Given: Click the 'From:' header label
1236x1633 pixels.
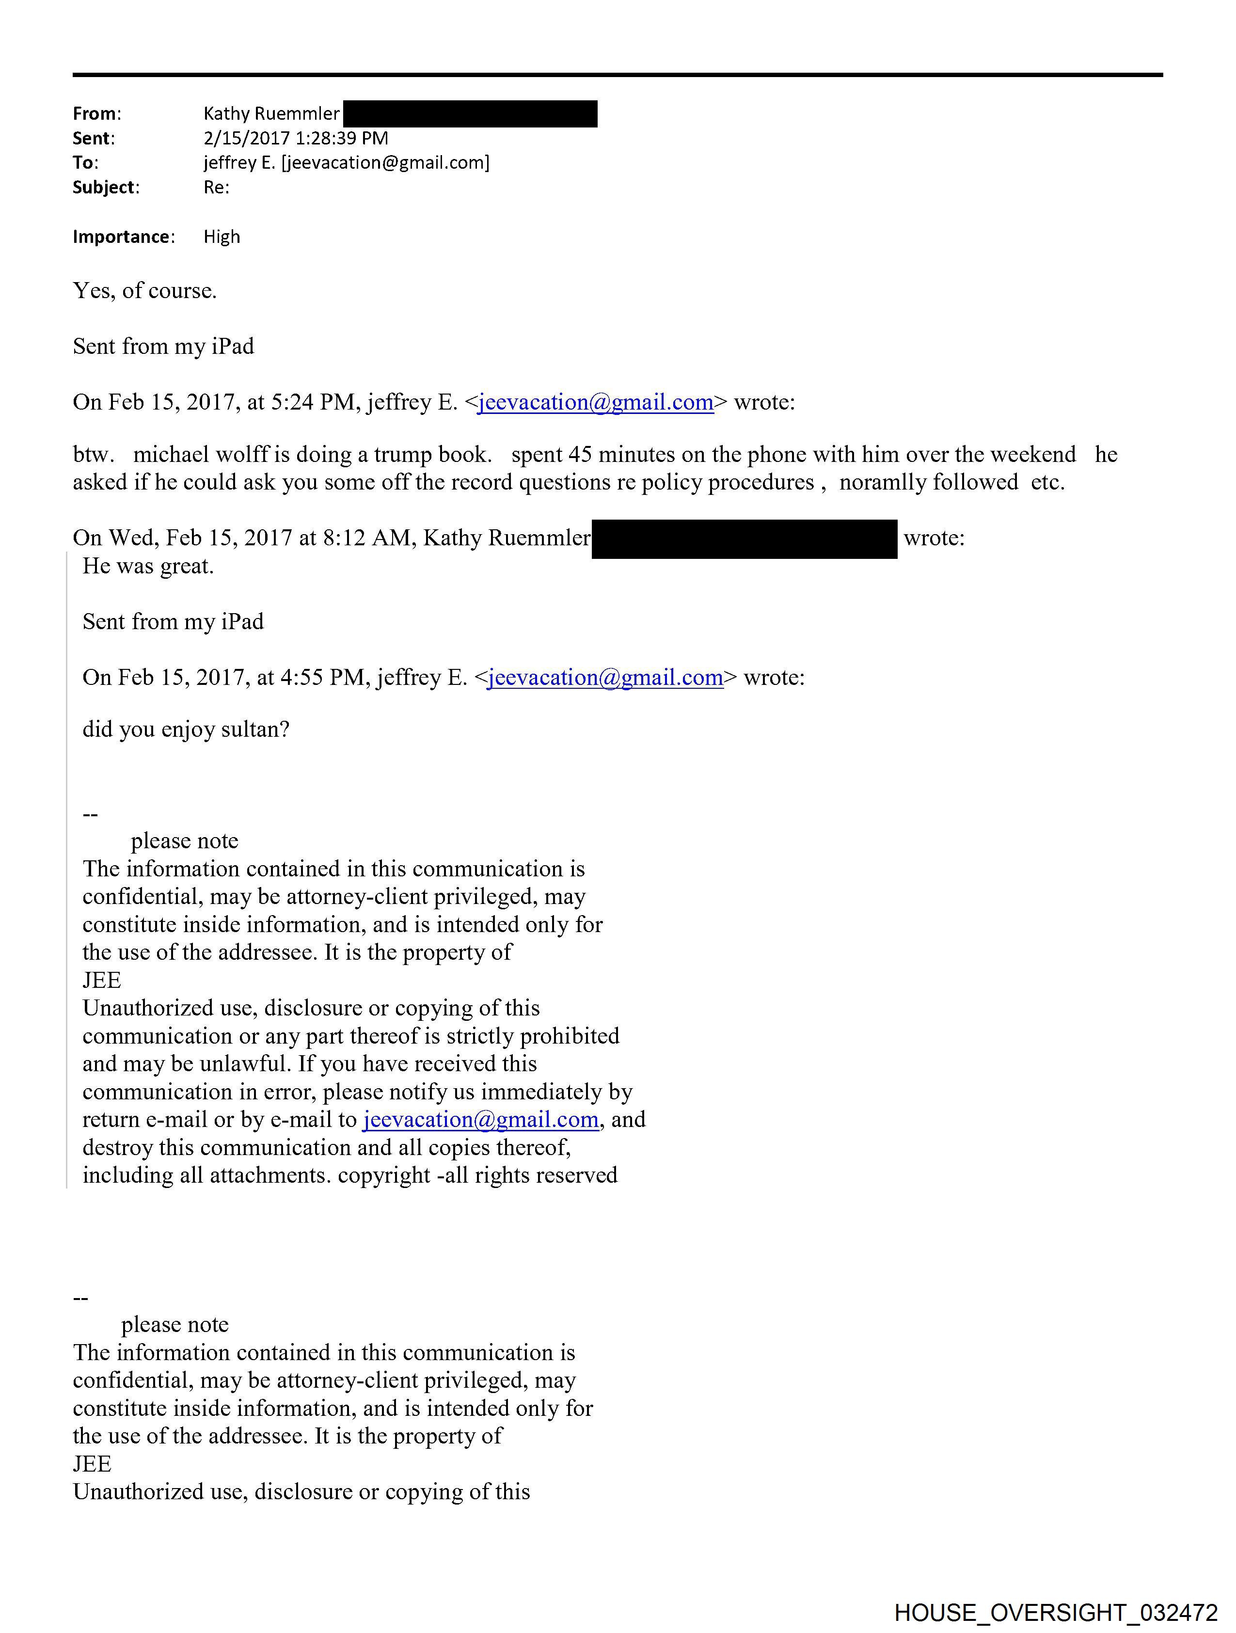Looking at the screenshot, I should tap(97, 114).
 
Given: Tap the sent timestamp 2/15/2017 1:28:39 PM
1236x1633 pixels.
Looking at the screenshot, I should tap(295, 138).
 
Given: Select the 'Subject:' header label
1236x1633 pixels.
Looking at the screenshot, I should tap(106, 188).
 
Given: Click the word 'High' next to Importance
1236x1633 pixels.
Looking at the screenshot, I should tap(222, 237).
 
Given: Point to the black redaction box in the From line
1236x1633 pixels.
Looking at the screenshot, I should tap(470, 114).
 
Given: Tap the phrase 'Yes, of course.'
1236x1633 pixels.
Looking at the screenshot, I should tap(145, 291).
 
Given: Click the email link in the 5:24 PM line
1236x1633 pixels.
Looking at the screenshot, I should tap(595, 402).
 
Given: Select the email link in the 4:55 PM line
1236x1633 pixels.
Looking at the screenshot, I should tap(605, 678).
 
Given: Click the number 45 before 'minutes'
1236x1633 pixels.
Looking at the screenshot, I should tap(580, 455).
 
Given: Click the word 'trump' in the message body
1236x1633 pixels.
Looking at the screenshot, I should tap(402, 455).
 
